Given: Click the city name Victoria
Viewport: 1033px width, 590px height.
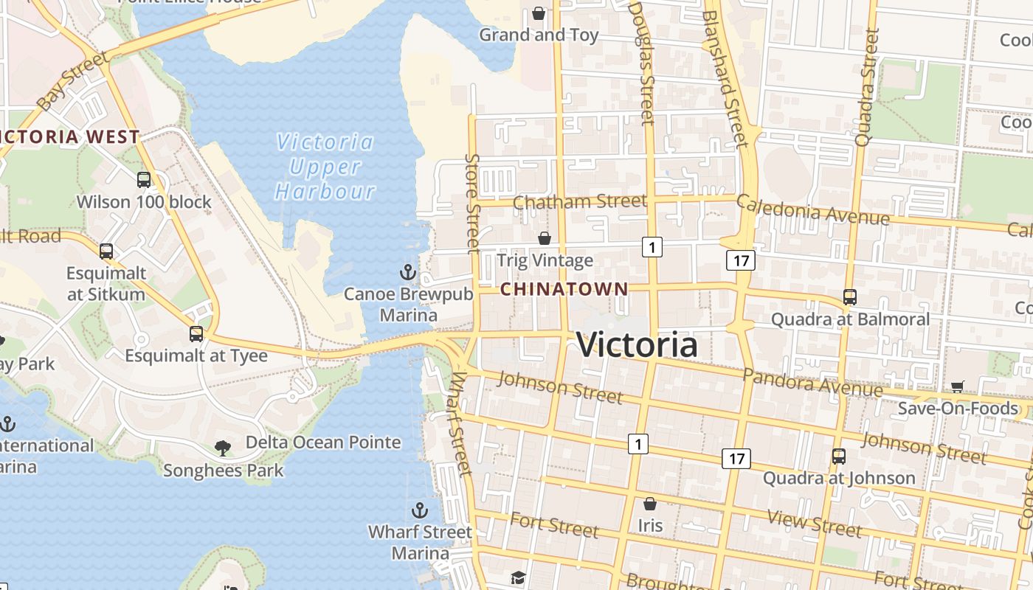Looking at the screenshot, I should point(636,345).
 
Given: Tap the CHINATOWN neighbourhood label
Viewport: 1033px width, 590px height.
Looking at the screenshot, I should point(564,289).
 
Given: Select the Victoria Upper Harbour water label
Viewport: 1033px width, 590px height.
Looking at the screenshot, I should point(325,167).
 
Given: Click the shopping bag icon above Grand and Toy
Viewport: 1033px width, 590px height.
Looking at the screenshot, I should point(539,13).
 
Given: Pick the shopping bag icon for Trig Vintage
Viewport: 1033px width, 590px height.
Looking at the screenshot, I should point(545,238).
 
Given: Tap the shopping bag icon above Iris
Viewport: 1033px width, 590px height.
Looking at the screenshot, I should point(650,504).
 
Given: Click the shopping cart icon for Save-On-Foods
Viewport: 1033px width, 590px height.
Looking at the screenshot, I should point(958,386).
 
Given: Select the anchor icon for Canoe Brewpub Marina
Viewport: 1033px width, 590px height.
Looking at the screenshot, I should point(408,273).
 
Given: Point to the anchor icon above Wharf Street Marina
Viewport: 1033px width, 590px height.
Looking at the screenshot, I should point(419,510).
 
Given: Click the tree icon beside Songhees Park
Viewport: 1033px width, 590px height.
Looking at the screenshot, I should point(222,448).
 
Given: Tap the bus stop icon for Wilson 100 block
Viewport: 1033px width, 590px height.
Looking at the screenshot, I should point(144,179).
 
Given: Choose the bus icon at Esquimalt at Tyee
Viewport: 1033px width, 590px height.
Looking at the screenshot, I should point(196,333).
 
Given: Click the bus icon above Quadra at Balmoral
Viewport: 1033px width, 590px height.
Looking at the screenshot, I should point(850,297).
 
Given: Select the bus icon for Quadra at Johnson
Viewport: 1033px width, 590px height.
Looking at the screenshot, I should point(839,457).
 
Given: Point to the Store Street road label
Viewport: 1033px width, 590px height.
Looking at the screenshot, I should point(473,203).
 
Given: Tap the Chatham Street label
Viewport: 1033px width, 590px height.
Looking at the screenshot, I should point(579,201).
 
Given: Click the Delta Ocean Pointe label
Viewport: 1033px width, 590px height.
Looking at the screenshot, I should point(323,442).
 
